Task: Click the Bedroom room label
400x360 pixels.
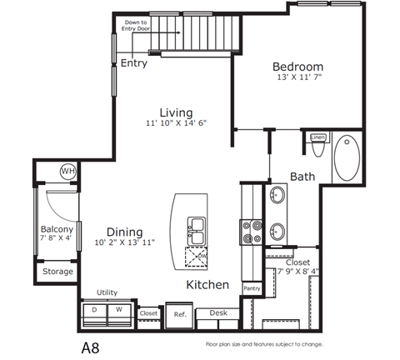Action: pyautogui.click(x=298, y=67)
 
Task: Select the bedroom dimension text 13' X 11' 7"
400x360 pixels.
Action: pyautogui.click(x=298, y=77)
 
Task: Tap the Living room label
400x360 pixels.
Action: pyautogui.click(x=177, y=112)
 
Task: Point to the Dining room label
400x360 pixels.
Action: pyautogui.click(x=124, y=232)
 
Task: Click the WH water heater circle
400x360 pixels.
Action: pyautogui.click(x=67, y=171)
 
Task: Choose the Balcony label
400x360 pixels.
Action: pyautogui.click(x=57, y=229)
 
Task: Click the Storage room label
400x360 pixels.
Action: pyautogui.click(x=57, y=272)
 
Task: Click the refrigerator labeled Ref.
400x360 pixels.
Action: pyautogui.click(x=179, y=314)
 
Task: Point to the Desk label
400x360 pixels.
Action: pyautogui.click(x=218, y=312)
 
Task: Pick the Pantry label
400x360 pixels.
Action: pyautogui.click(x=252, y=288)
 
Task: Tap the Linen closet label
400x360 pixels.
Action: pyautogui.click(x=317, y=137)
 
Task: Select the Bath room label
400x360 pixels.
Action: pyautogui.click(x=302, y=176)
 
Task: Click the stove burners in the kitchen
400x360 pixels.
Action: pyautogui.click(x=251, y=229)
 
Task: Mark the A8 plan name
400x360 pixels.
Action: pyautogui.click(x=91, y=344)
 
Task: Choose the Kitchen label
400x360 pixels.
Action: pyautogui.click(x=207, y=285)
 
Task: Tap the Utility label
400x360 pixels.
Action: pyautogui.click(x=106, y=292)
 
